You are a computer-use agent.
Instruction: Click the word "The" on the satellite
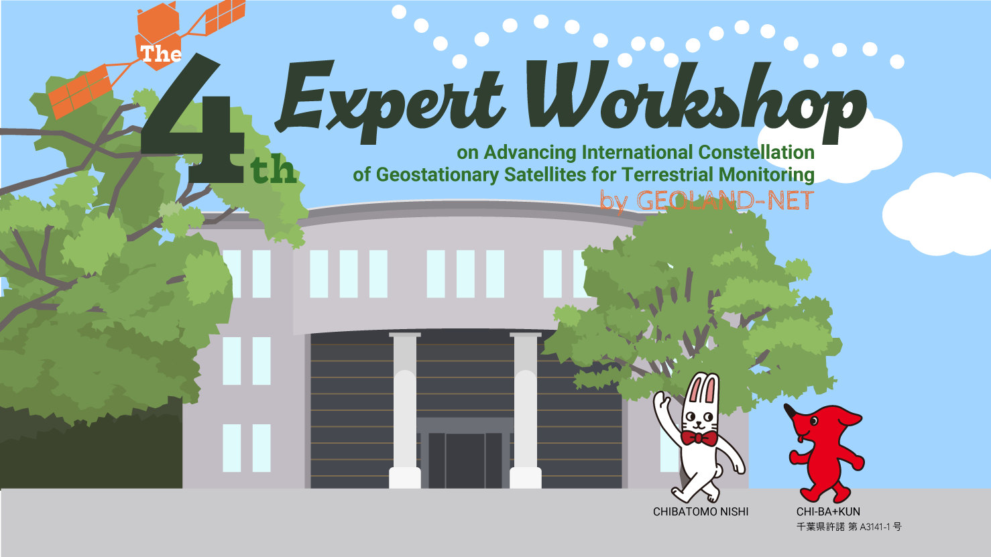click(161, 54)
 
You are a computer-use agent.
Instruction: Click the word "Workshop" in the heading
click(695, 101)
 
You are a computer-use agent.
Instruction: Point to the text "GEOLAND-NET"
click(725, 200)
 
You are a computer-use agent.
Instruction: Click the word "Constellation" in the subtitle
click(756, 152)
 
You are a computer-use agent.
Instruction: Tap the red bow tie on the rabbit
click(699, 438)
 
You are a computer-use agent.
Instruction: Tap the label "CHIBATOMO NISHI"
click(701, 512)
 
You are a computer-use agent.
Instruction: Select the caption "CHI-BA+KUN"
click(828, 512)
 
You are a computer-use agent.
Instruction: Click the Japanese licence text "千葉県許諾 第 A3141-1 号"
click(849, 527)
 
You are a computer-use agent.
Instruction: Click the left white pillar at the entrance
click(405, 411)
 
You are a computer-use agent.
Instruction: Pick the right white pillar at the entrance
click(526, 411)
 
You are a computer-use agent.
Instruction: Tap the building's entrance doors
click(465, 460)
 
